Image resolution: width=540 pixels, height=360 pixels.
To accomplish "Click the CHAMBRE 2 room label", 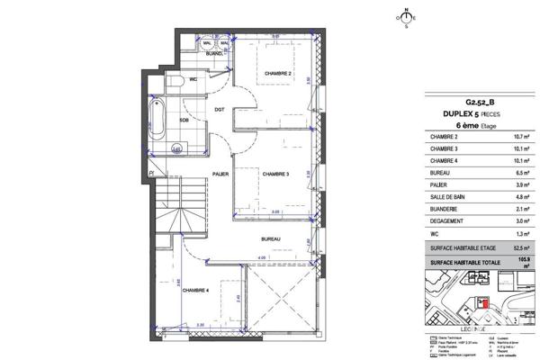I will [x=277, y=75].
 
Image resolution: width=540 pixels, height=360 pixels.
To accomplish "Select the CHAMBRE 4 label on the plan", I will [x=195, y=291].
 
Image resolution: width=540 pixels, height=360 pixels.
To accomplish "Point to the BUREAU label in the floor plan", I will [x=271, y=238].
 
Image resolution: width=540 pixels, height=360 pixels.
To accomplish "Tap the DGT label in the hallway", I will [x=219, y=111].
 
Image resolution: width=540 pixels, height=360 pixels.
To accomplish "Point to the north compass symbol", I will [x=406, y=15].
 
